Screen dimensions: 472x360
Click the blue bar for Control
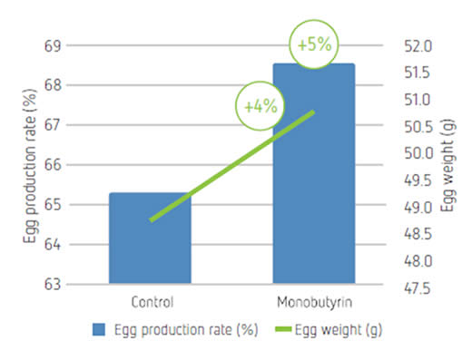coord(150,238)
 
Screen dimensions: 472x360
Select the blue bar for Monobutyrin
coord(314,173)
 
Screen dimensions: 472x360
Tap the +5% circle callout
coord(314,44)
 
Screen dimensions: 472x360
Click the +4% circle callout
coord(261,106)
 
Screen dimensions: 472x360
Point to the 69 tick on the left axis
coord(53,46)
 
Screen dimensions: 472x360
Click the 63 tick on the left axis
coord(53,285)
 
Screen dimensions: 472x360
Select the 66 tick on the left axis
coord(53,165)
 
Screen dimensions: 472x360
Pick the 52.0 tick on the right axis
coord(418,46)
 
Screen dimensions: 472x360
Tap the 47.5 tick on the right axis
coord(418,288)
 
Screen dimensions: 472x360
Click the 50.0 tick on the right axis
coord(418,153)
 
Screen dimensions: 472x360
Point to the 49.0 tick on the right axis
coord(418,208)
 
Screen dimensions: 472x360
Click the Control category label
coord(152,302)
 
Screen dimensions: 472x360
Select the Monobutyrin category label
coord(315,303)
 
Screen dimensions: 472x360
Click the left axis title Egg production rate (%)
coord(30,166)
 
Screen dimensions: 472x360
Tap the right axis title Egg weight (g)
coord(448,166)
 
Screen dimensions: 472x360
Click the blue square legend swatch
coord(99,329)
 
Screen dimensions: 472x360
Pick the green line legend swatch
coord(283,329)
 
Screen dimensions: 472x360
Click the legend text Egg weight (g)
coord(339,330)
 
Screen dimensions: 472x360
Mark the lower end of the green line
coord(151,220)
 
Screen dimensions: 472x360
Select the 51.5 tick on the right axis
coord(418,73)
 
